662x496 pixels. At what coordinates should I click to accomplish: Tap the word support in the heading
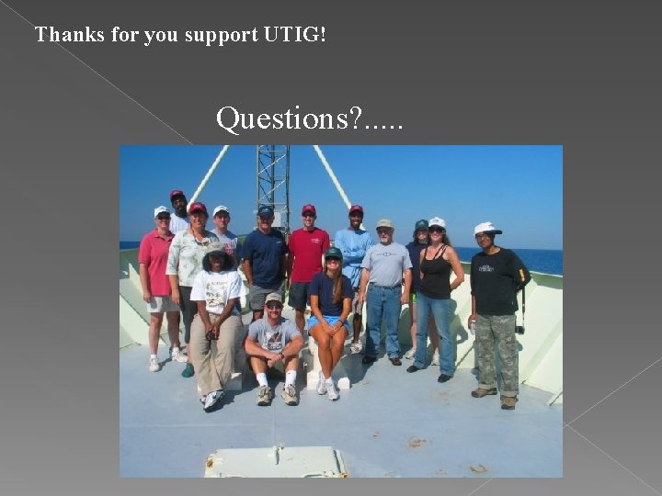tap(222, 36)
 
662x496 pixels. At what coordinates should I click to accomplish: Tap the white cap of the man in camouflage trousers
tap(486, 228)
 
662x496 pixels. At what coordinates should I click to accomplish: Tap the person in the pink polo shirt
tap(158, 276)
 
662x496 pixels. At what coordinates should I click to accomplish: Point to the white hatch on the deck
tap(276, 462)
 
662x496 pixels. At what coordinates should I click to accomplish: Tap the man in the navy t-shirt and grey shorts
tap(265, 262)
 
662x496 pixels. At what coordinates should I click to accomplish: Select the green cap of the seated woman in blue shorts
tap(333, 253)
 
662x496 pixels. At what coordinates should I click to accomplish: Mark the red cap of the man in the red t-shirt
tap(309, 209)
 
